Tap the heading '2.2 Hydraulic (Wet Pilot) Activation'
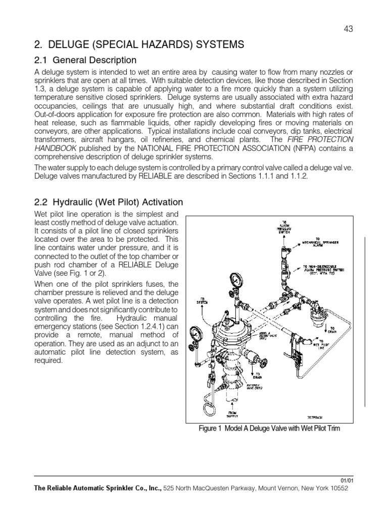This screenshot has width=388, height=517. [108, 202]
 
